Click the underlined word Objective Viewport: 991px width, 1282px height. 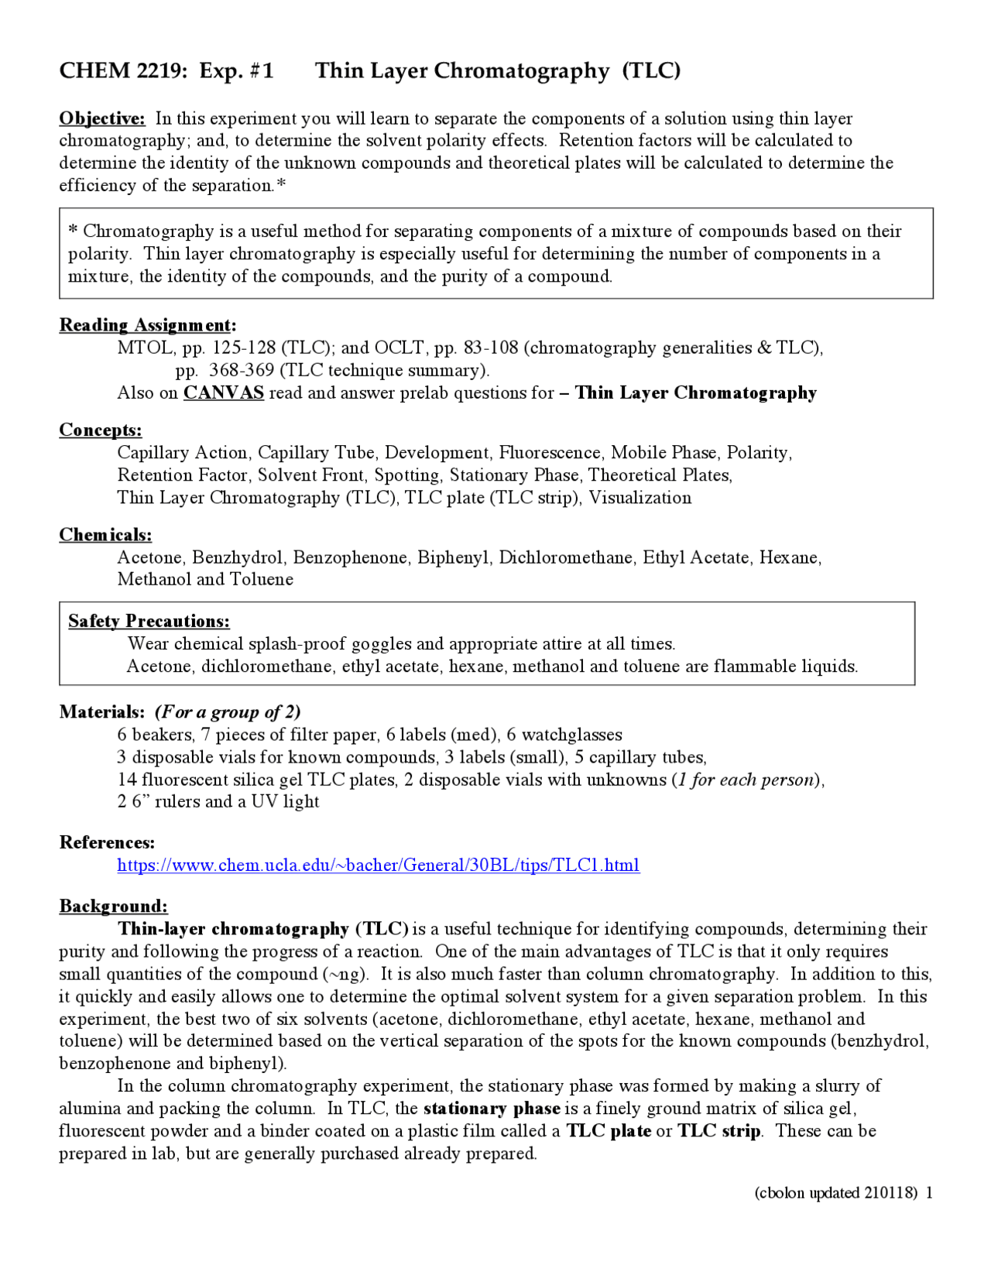click(x=101, y=118)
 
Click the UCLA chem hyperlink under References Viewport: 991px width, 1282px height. click(x=378, y=865)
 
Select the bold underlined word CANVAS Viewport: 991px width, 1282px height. click(x=223, y=392)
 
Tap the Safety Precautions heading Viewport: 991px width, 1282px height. click(x=149, y=621)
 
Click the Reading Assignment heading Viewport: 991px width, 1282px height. click(x=147, y=325)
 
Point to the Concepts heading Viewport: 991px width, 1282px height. click(x=101, y=430)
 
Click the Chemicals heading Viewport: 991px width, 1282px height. click(x=105, y=535)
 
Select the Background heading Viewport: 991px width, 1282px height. click(x=113, y=906)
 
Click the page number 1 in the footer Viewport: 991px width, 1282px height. click(x=929, y=1192)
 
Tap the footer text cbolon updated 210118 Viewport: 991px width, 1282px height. click(x=836, y=1192)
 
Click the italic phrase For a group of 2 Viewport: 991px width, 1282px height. click(x=228, y=711)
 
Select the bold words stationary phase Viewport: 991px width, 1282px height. click(x=492, y=1109)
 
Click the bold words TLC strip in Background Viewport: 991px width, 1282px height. click(x=719, y=1131)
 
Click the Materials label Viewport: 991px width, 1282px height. click(x=101, y=711)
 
